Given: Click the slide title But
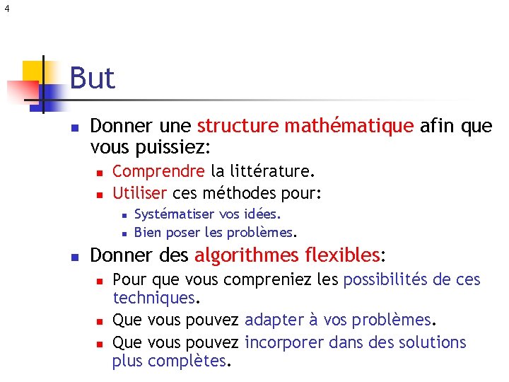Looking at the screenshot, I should [x=92, y=78].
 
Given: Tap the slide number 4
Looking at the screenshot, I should [x=6, y=8].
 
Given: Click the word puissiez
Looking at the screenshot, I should [x=177, y=148].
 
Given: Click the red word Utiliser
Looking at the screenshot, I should [x=140, y=192].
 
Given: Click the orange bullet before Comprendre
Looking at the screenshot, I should [x=100, y=172].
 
